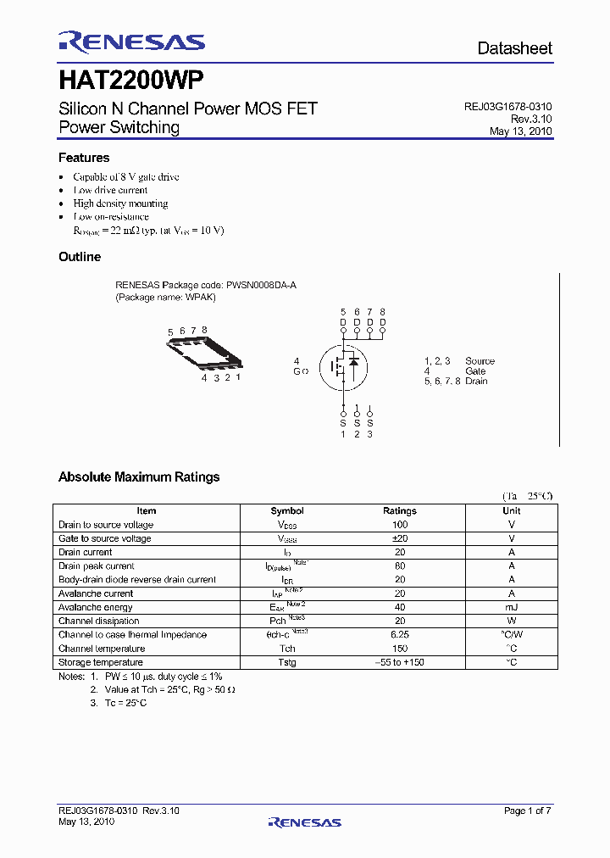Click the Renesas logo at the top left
(x=131, y=42)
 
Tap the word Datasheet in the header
(x=514, y=48)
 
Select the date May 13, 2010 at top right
(x=520, y=131)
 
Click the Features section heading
(x=84, y=158)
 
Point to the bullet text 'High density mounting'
(x=120, y=203)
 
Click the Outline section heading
(x=80, y=257)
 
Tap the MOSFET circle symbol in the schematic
(x=343, y=366)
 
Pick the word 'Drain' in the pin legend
(x=476, y=381)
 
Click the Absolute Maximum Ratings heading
(x=139, y=477)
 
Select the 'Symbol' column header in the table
(x=287, y=511)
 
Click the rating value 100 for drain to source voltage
(x=400, y=525)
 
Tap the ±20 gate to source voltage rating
(x=400, y=538)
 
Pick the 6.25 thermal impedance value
(x=400, y=635)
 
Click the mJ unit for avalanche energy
(x=512, y=607)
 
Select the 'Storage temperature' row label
(x=101, y=662)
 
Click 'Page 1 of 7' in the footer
(x=527, y=811)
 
